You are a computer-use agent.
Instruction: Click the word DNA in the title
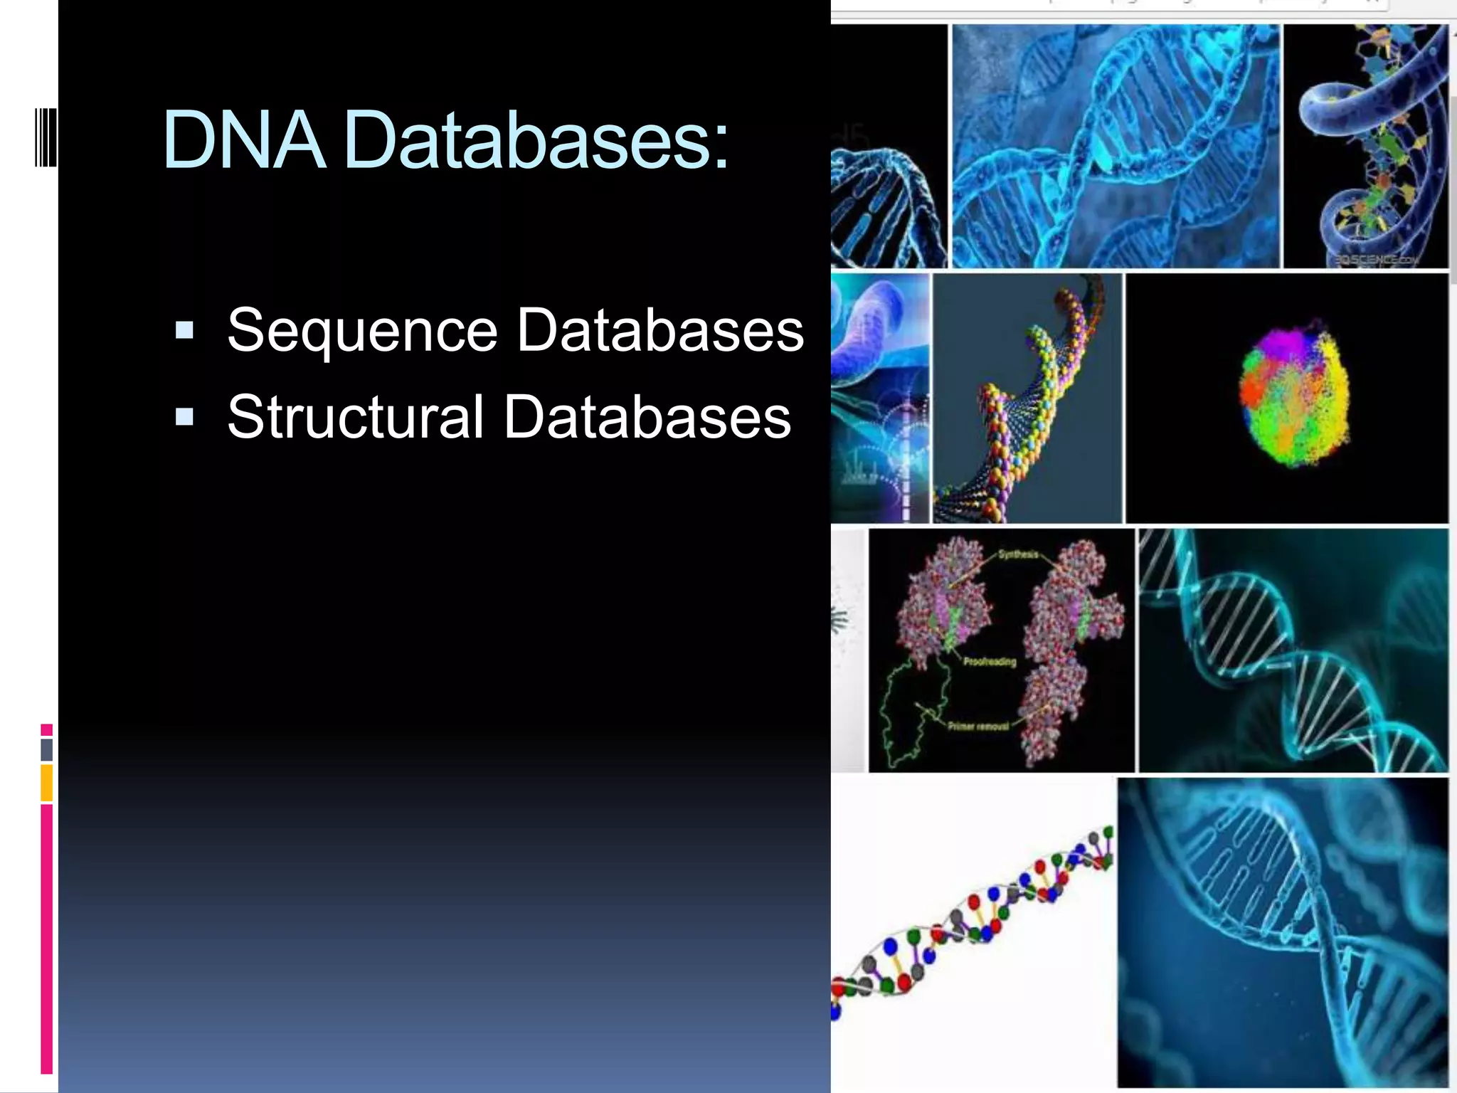[244, 140]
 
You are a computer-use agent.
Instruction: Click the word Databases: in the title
[536, 140]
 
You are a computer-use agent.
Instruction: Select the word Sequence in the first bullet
[362, 331]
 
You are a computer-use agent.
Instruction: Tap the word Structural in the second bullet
[356, 417]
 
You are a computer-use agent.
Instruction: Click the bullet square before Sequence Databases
[184, 330]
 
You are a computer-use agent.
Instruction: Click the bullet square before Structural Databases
[184, 416]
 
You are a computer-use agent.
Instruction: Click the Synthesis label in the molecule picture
[1018, 554]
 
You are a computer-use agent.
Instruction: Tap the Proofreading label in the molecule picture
[990, 662]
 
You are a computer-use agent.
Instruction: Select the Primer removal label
[977, 727]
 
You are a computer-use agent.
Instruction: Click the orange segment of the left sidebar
[46, 783]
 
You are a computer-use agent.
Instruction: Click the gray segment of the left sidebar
[46, 749]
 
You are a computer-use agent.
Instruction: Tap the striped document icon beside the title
[46, 137]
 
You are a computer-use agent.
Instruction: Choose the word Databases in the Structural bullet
[647, 417]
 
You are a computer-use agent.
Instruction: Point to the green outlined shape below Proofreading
[914, 712]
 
